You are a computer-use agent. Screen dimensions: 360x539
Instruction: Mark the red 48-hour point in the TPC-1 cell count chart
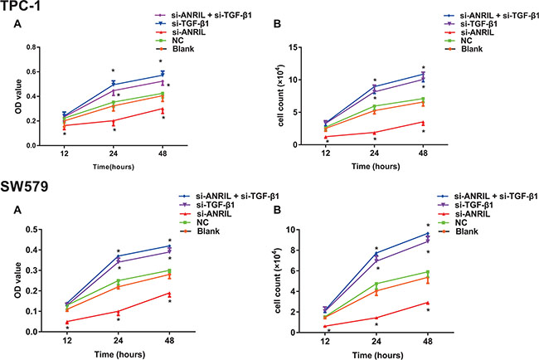[x=424, y=122]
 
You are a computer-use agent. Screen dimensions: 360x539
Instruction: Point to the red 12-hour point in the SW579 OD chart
[x=66, y=321]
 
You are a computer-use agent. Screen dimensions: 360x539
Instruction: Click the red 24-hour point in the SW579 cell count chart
[x=377, y=318]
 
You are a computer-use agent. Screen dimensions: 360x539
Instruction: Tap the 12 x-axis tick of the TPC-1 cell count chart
[x=329, y=153]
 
